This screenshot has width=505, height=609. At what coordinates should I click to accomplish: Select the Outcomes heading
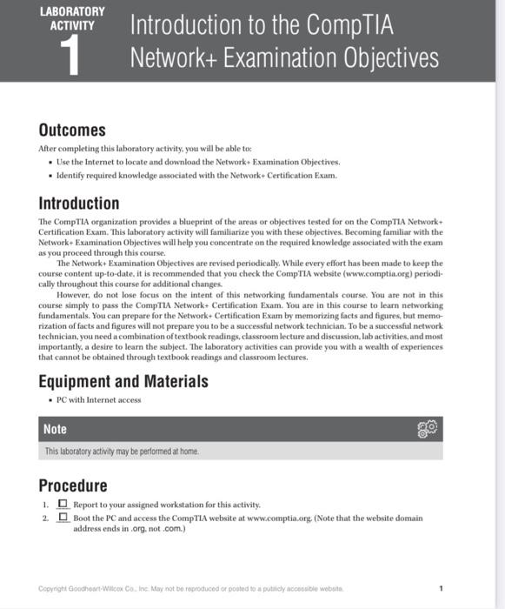(72, 130)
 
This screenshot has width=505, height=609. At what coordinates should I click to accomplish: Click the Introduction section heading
(79, 204)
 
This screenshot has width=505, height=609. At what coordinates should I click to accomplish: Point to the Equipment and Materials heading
(123, 380)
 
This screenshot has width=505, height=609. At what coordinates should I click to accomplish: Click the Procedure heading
(73, 485)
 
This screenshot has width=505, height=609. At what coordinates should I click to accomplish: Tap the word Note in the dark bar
(56, 429)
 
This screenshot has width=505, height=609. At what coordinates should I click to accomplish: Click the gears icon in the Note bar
(429, 429)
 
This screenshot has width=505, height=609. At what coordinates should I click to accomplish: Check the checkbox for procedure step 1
(63, 504)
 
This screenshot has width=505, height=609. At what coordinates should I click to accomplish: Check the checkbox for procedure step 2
(63, 518)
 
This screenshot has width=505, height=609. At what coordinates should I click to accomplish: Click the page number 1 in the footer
(442, 588)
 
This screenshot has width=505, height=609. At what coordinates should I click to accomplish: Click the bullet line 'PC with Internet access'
(98, 400)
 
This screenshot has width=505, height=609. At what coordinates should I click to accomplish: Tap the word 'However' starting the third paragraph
(75, 295)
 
